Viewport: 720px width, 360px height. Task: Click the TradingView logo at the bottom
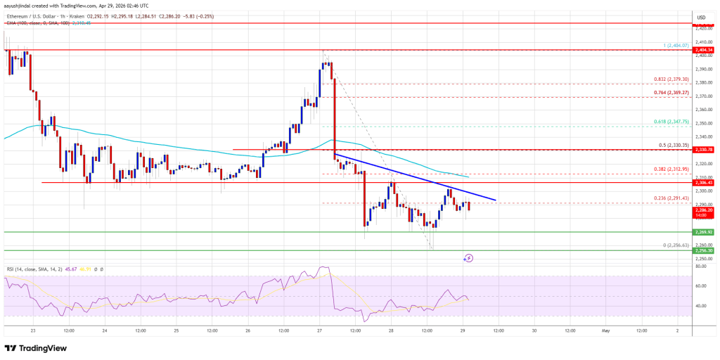37,348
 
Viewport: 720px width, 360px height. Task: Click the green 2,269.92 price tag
705,231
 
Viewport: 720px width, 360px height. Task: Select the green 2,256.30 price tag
705,250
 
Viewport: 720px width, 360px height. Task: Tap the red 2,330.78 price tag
705,150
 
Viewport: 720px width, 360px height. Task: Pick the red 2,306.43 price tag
705,183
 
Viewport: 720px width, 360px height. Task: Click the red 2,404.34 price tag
705,51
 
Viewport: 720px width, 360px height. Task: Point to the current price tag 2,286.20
705,210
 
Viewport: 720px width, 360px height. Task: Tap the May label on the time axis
605,330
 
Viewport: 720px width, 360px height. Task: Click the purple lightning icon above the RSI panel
469,258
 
